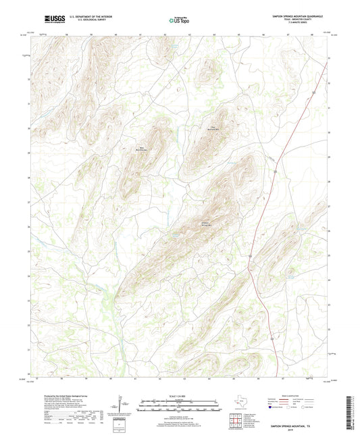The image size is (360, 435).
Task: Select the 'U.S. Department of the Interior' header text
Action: point(90,15)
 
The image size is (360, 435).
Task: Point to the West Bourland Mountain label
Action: point(143,149)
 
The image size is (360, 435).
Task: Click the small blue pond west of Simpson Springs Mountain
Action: point(174,235)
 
